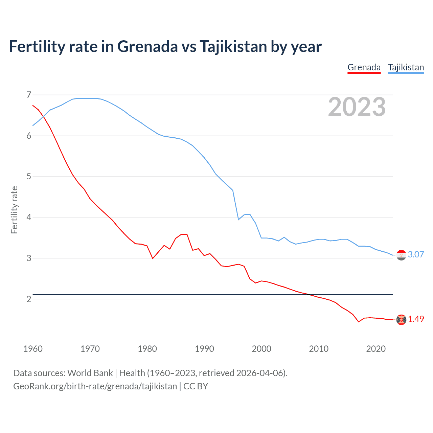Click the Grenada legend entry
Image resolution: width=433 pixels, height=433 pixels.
pos(364,67)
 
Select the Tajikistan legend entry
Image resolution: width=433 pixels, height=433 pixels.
pos(406,67)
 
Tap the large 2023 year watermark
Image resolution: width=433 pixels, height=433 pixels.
pos(357,107)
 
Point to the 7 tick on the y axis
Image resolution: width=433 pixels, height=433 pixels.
pos(29,95)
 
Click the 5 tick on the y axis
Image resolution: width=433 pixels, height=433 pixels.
pos(29,177)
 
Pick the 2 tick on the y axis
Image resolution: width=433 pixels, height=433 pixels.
pos(29,299)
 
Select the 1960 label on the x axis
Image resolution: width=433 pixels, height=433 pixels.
pos(33,349)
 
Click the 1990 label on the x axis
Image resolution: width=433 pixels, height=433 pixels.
pos(204,349)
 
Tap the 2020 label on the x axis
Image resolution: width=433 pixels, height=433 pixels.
pos(376,349)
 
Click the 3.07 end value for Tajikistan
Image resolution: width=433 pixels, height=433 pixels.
pos(416,255)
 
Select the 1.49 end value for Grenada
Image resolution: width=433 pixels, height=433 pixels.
pos(416,319)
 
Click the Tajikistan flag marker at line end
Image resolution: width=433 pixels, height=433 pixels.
pos(401,255)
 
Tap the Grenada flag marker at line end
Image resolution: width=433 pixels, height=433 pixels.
pos(401,319)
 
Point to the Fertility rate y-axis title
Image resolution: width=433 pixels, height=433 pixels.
pos(14,210)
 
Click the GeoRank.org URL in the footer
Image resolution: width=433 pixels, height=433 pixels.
pos(95,386)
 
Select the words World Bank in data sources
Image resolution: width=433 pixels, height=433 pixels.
pos(90,373)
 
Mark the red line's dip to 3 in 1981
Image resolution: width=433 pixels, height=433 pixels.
pos(153,258)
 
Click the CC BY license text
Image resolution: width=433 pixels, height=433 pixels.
pos(196,386)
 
